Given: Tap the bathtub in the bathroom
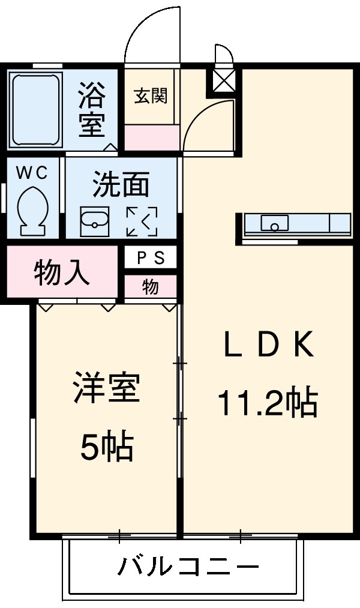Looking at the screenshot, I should coord(36,110).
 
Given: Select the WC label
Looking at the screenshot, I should coord(31,173).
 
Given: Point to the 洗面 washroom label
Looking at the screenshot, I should coord(121,185).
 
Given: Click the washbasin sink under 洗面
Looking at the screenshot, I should coord(95,222).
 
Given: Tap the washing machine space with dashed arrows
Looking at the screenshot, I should coord(142,221).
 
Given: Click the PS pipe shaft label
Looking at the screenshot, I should coord(151,258).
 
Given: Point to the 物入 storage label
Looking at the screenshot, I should coord(62,274).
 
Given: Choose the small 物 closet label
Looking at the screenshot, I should coord(150,287).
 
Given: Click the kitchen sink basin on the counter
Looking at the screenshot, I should coord(275,223).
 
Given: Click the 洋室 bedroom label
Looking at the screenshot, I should coord(106,388).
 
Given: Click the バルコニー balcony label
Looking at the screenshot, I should coord(188,567).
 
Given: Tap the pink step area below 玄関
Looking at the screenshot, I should coord(151,138).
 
